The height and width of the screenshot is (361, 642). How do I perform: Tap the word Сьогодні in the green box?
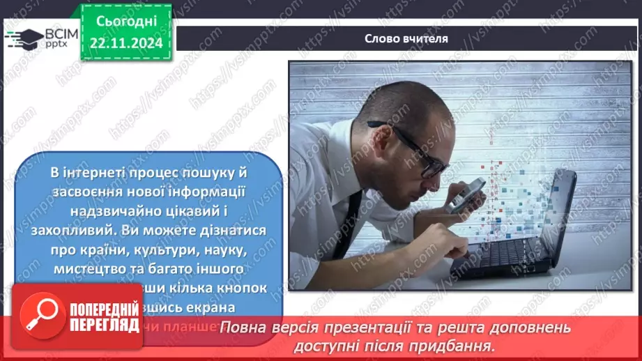tap(125, 23)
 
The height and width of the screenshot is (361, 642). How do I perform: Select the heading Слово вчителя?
tap(406, 39)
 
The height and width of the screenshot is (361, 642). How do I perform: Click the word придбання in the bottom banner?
tap(460, 345)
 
